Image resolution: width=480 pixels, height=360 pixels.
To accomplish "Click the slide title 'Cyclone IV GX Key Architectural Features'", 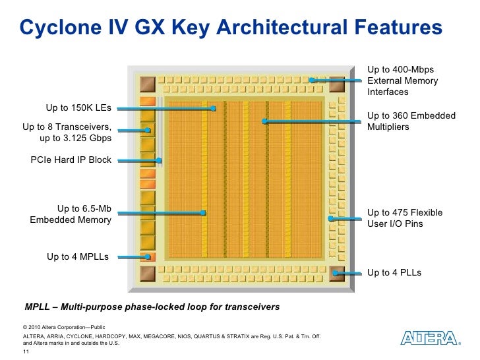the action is coord(229,28).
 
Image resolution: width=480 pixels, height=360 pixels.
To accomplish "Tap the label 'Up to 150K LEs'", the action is coord(78,108).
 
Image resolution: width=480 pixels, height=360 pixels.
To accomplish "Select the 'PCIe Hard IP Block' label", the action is coord(71,160).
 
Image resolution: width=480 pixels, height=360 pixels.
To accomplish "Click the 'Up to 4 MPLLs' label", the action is coord(78,256).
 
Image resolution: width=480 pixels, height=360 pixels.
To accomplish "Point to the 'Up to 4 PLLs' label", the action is coord(394,272).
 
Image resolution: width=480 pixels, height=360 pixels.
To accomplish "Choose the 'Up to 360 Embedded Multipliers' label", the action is coord(411,121).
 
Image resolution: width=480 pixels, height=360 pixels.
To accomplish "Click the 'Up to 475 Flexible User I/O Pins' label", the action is coord(404,218).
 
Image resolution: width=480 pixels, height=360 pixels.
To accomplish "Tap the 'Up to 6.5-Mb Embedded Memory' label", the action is coord(71,214).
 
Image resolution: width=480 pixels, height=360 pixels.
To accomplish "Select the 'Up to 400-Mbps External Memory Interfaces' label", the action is coord(402,80).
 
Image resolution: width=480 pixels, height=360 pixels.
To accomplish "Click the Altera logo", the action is coord(430,338).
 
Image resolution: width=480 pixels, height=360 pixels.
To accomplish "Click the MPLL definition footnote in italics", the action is coord(152,307).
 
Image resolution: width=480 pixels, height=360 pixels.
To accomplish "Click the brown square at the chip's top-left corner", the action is coord(148,83).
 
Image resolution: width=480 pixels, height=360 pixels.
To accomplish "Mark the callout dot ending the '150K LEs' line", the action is coord(213,109).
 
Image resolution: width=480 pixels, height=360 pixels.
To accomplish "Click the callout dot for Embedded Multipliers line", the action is coord(264,121).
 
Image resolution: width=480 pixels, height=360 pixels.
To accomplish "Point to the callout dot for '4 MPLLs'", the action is coord(149,257).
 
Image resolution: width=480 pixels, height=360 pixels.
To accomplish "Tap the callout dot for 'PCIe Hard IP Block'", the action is coord(160,160).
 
